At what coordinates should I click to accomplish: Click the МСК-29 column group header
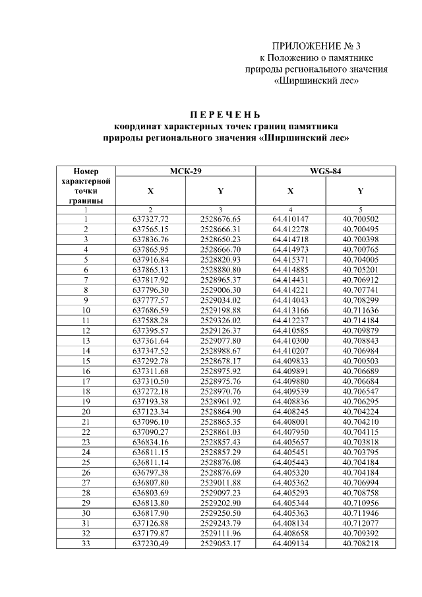pyautogui.click(x=185, y=172)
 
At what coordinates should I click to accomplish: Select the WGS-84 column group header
pyautogui.click(x=325, y=172)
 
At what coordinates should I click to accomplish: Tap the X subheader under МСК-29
pyautogui.click(x=150, y=191)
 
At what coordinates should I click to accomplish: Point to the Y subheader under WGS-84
pyautogui.click(x=361, y=191)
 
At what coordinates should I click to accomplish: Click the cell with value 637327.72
pyautogui.click(x=150, y=218)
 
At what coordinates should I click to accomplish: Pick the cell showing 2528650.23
pyautogui.click(x=220, y=239)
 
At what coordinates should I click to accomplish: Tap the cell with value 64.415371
pyautogui.click(x=290, y=259)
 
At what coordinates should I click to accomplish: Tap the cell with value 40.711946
pyautogui.click(x=361, y=513)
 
